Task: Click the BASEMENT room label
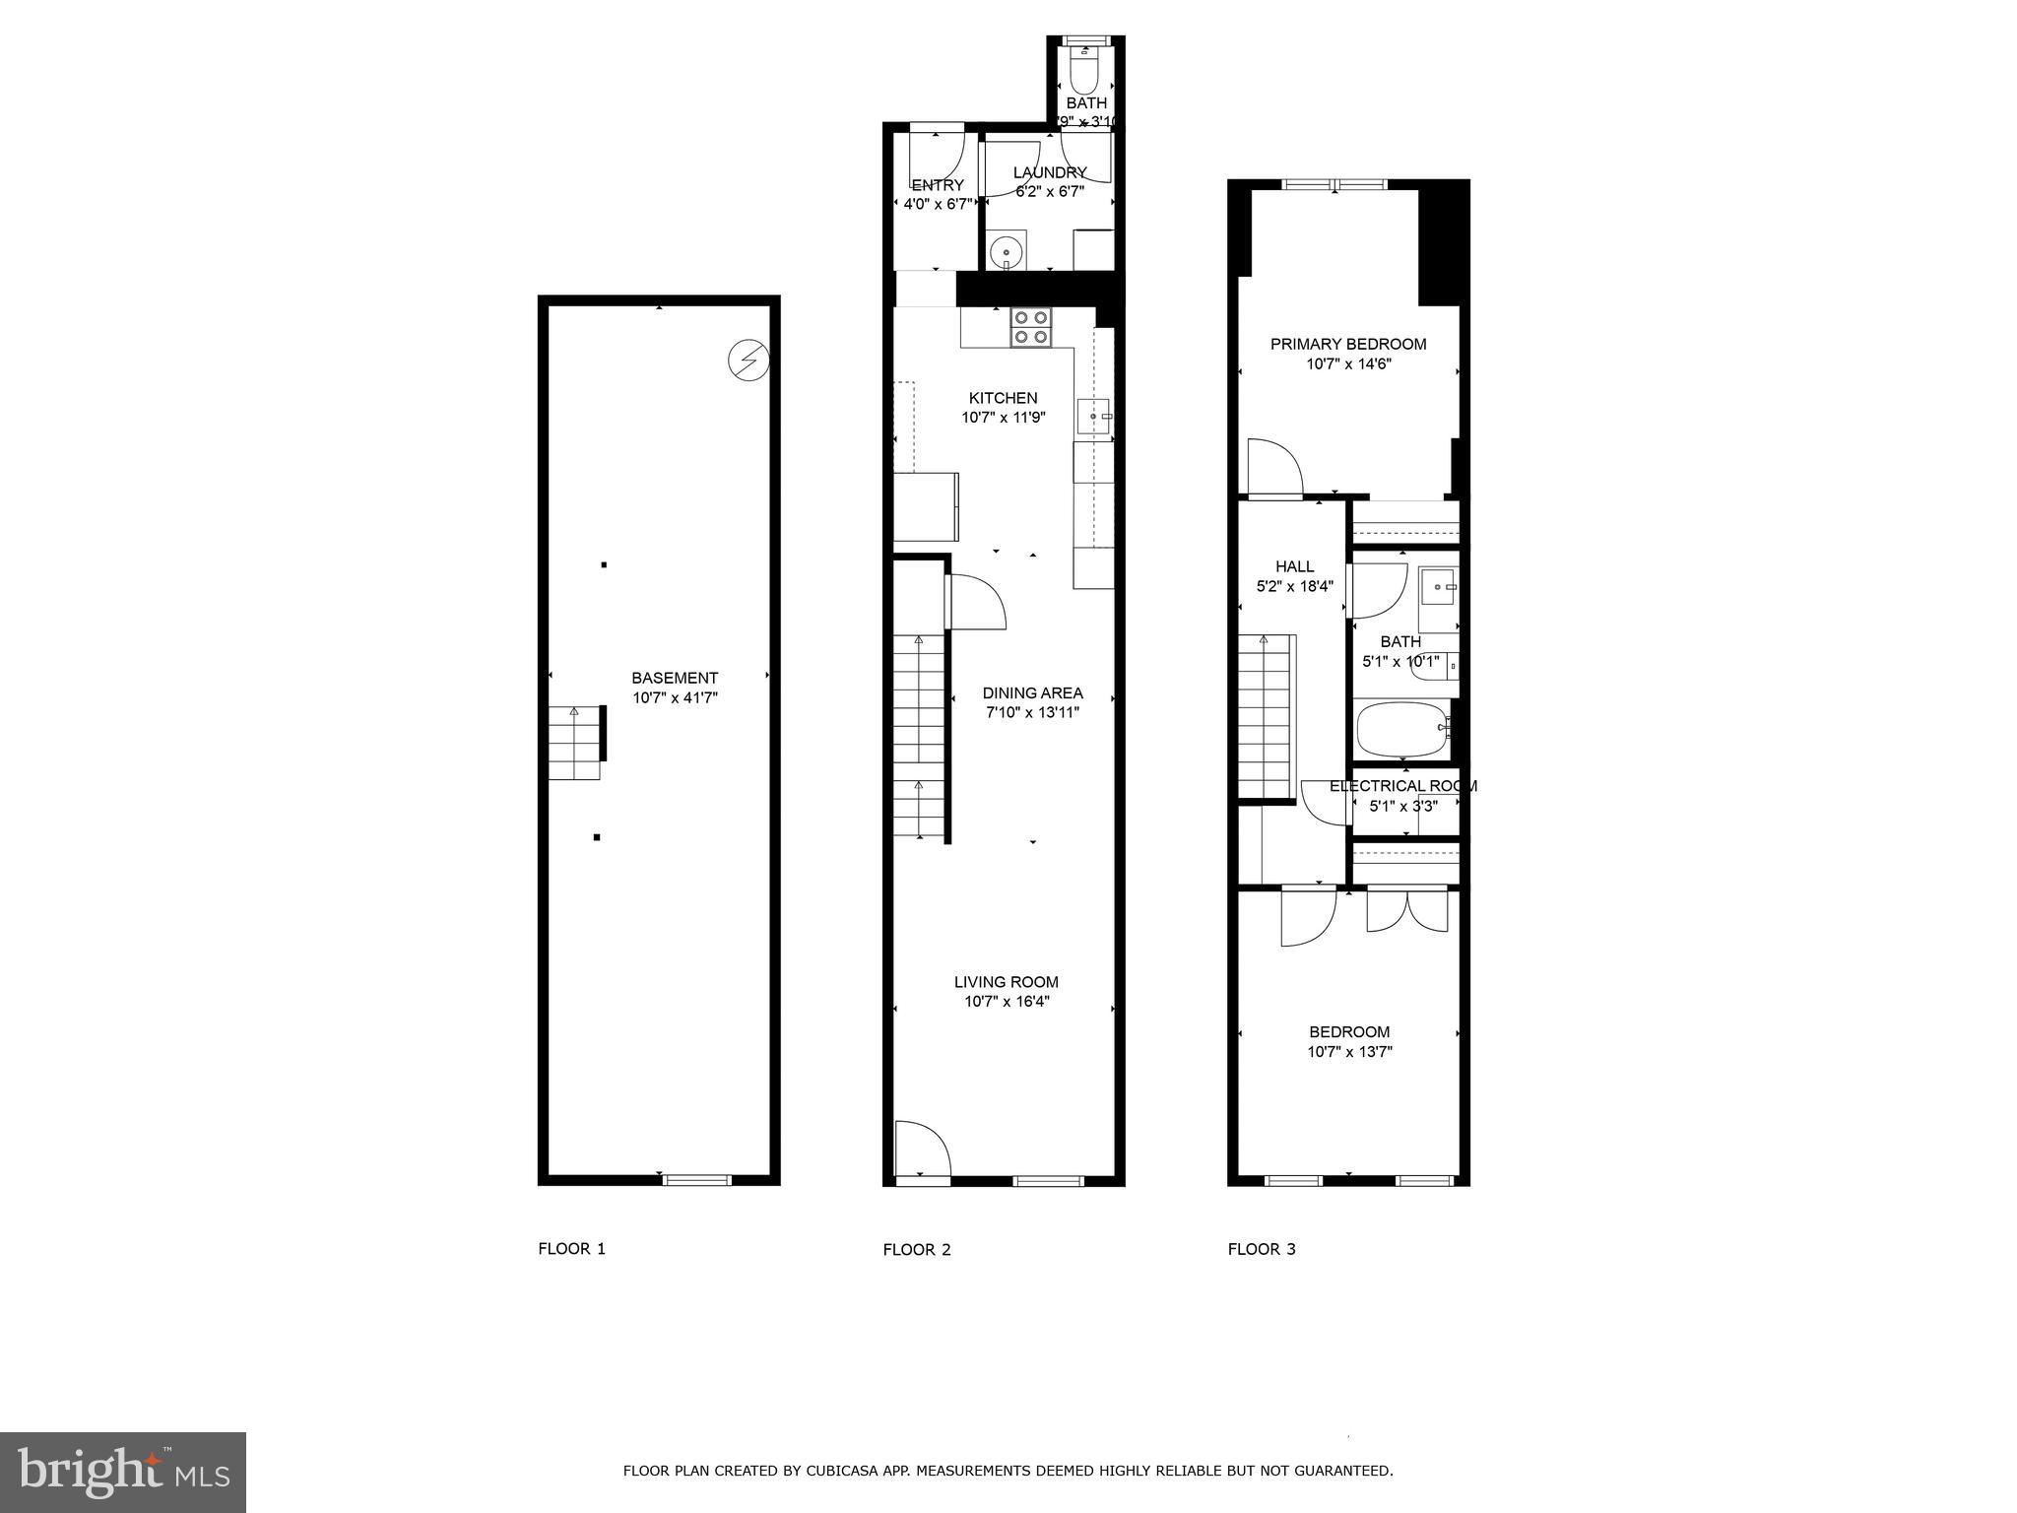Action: [675, 678]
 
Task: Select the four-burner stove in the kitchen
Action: [1030, 327]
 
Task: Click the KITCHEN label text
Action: [1003, 398]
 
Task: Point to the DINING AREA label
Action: [1032, 692]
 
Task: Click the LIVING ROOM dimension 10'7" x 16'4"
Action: [1007, 1002]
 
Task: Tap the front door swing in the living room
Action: [921, 1148]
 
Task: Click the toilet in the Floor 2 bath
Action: [1083, 75]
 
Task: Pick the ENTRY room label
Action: [938, 185]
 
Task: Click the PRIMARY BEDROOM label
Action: [1347, 344]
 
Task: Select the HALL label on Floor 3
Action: [1294, 566]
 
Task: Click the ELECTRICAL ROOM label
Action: [1402, 786]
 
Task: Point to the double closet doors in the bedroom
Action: [1406, 910]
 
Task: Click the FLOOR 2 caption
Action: [916, 1250]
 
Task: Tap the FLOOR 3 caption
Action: [1261, 1249]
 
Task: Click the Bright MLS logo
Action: [122, 1472]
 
